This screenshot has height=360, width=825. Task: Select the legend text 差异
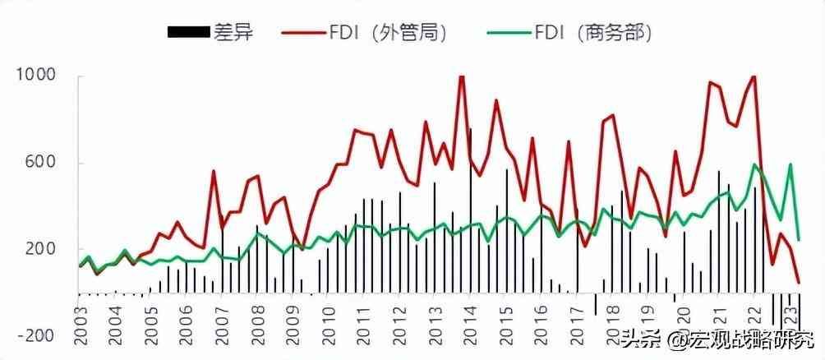coord(234,33)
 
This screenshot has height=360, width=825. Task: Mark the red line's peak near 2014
coord(461,76)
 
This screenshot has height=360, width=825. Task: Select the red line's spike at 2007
coord(214,171)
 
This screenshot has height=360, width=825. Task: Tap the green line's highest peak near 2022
coord(754,164)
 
